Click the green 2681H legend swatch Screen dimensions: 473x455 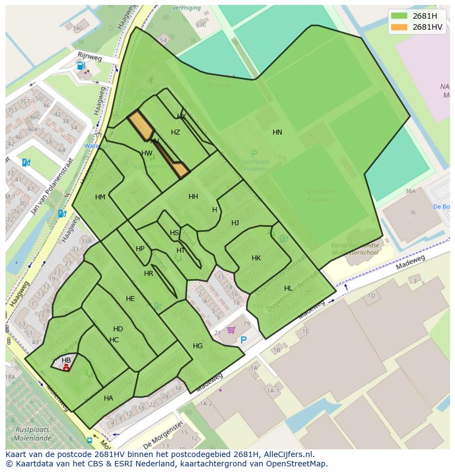tap(398, 16)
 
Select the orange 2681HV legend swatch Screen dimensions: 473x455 tap(398, 27)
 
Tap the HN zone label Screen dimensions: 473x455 tap(278, 132)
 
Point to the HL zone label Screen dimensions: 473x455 tap(288, 288)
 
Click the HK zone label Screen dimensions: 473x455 tap(256, 258)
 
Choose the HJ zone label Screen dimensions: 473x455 tap(235, 223)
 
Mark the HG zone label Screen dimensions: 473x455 tap(198, 346)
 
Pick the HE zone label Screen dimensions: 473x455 tap(130, 299)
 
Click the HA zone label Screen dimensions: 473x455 tap(108, 398)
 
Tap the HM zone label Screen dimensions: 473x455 tap(100, 197)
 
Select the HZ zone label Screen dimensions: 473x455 tap(175, 132)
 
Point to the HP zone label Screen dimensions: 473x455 tap(140, 249)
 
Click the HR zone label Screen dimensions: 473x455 tap(148, 274)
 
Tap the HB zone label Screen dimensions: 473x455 tap(66, 360)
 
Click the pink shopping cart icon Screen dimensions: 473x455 tap(231, 330)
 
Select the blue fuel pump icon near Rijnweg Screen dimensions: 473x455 tap(81, 65)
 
